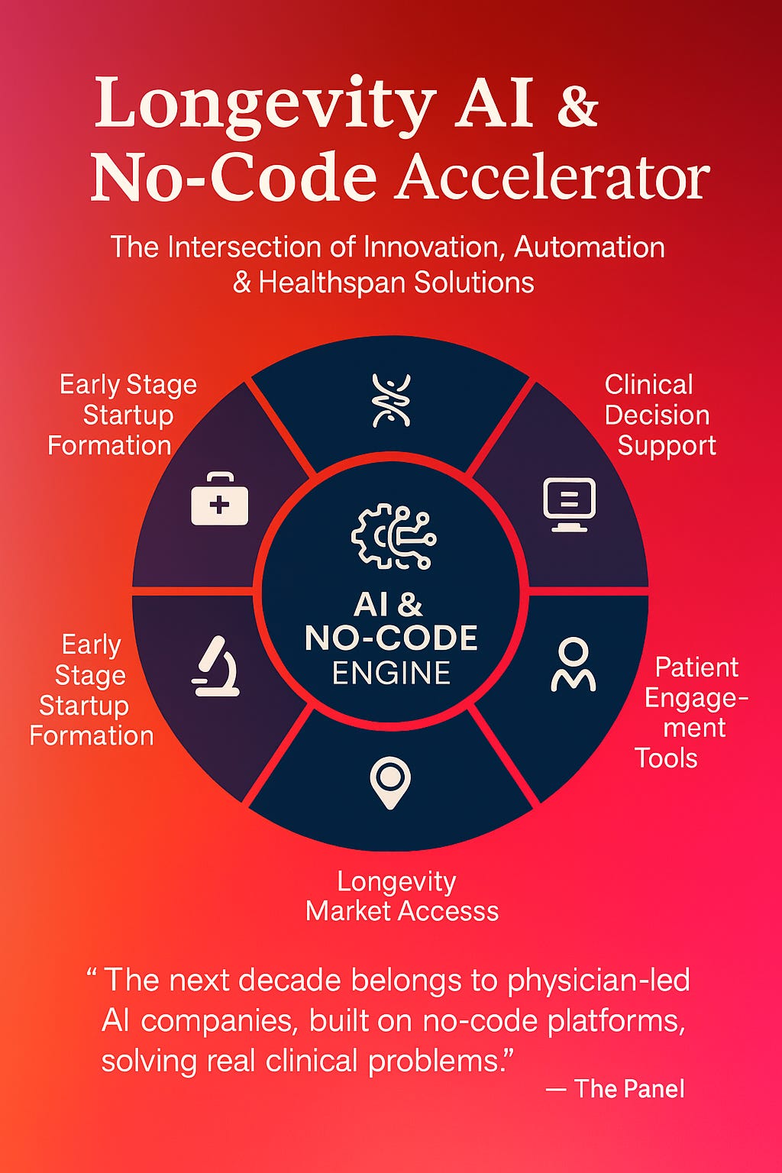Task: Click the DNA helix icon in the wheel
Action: click(x=391, y=399)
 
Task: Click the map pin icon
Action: click(x=390, y=782)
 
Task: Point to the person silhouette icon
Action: click(x=573, y=665)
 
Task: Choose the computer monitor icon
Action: click(x=569, y=504)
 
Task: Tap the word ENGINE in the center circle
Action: click(x=391, y=673)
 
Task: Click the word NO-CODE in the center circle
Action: click(x=391, y=638)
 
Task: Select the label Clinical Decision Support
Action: click(x=659, y=415)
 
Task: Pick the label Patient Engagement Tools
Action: click(x=691, y=713)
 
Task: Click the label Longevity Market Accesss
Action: click(x=401, y=896)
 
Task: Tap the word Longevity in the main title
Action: click(x=265, y=105)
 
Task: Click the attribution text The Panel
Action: click(x=629, y=1088)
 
